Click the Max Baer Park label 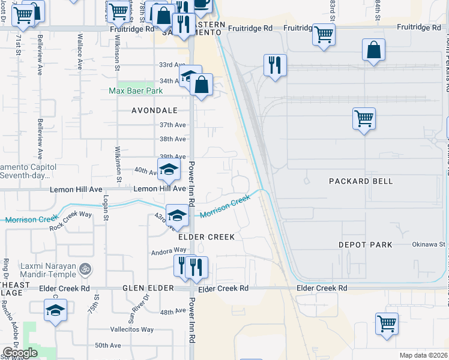click(x=136, y=91)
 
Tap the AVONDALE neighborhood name click(x=155, y=110)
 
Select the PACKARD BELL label click(x=361, y=181)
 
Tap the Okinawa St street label click(x=428, y=244)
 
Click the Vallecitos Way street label click(x=131, y=329)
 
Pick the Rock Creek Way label click(x=71, y=220)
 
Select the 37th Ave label click(x=172, y=125)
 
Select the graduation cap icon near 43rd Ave click(x=177, y=215)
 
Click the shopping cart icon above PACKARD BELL click(x=364, y=118)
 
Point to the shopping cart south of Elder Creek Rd click(x=387, y=323)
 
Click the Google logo click(x=19, y=353)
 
